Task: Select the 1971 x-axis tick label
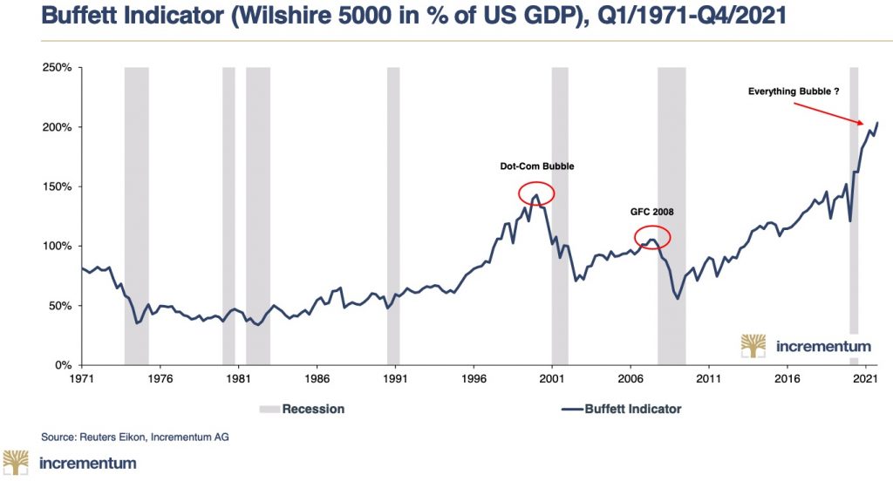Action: coord(82,380)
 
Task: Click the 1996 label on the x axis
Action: coord(474,380)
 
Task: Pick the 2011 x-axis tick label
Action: coord(708,380)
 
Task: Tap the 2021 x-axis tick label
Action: coord(865,380)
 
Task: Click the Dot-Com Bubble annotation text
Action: coord(537,166)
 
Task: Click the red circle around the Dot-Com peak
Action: coord(536,193)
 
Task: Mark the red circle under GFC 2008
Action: coord(652,236)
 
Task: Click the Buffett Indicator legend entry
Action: coord(621,409)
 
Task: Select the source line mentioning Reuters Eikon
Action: coord(135,436)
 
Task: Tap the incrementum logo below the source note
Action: coord(71,463)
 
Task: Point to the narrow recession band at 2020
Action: coord(854,200)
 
